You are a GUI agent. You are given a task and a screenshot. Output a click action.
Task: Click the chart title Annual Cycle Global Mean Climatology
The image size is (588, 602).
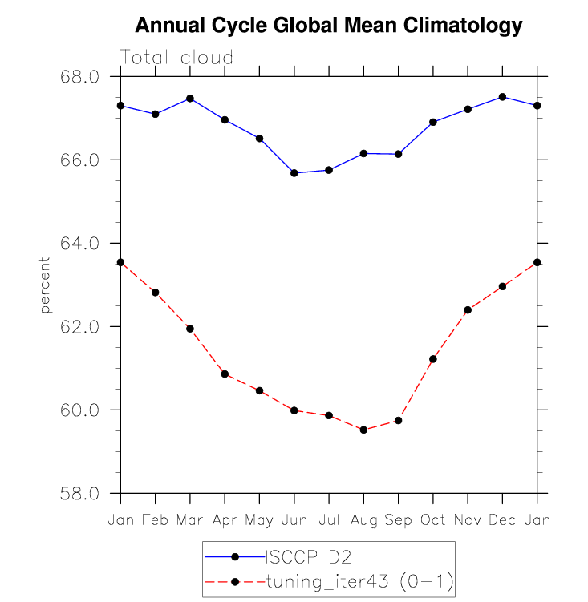click(329, 26)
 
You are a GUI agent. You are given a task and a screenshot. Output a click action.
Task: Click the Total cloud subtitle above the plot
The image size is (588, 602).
click(176, 58)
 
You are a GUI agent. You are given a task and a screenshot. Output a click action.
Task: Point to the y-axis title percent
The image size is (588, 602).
click(46, 285)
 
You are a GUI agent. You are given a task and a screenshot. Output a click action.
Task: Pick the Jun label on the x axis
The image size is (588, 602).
click(294, 520)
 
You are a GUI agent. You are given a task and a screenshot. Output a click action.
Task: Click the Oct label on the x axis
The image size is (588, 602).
click(433, 520)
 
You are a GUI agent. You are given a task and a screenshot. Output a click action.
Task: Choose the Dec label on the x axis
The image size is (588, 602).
click(502, 520)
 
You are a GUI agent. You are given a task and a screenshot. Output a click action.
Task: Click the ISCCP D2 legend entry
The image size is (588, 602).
click(308, 556)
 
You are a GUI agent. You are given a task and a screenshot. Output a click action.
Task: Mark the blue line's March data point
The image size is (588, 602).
click(190, 99)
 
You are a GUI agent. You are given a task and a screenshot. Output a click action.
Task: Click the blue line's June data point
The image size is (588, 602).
click(294, 173)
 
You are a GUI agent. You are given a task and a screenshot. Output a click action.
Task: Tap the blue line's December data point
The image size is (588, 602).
click(502, 97)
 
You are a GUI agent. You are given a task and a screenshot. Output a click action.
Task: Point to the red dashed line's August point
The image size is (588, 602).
click(363, 430)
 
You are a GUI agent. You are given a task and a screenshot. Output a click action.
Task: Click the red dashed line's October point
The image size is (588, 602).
click(433, 359)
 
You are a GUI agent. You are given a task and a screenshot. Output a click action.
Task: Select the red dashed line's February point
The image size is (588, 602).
click(155, 293)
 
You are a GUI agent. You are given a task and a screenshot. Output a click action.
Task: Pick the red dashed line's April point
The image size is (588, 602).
click(225, 374)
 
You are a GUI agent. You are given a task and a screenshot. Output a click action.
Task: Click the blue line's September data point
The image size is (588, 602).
click(398, 154)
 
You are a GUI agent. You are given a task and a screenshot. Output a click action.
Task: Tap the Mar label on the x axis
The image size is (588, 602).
click(190, 520)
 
